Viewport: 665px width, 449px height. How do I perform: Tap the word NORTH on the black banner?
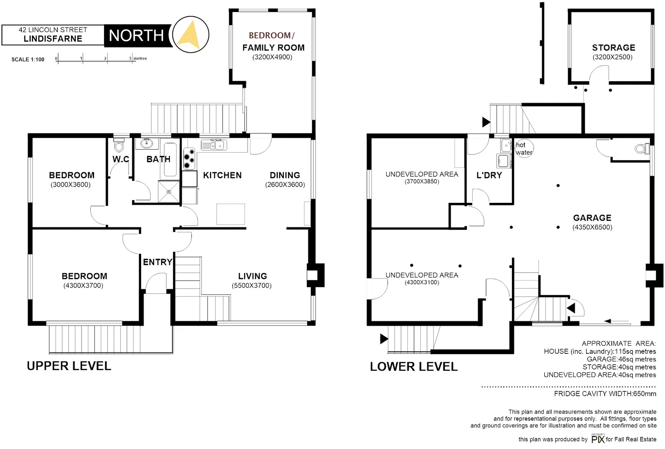[x=136, y=36]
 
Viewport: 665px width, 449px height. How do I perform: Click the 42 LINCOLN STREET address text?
[x=53, y=30]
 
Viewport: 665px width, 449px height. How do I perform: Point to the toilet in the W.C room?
[x=119, y=146]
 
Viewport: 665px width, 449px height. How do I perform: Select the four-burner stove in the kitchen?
[x=189, y=158]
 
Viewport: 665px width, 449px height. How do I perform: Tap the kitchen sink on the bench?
[x=214, y=145]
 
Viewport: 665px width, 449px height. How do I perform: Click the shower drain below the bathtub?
[x=169, y=192]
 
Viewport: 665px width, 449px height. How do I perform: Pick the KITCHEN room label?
[x=222, y=175]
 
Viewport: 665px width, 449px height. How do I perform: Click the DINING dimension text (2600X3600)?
[x=285, y=185]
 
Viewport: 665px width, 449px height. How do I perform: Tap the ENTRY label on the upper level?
[x=157, y=262]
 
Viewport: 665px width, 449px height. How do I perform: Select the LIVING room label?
[x=253, y=276]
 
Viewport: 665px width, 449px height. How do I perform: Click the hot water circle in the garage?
[x=524, y=148]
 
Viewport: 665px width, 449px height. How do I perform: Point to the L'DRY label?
[x=489, y=175]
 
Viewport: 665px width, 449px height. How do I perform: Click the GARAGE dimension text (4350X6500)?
[x=592, y=227]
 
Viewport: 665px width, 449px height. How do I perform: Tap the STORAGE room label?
[x=613, y=48]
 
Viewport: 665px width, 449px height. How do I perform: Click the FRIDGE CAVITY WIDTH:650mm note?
[x=605, y=394]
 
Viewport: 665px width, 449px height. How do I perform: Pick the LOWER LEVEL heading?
[x=414, y=367]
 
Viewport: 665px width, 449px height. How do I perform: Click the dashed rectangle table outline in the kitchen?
[x=231, y=214]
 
